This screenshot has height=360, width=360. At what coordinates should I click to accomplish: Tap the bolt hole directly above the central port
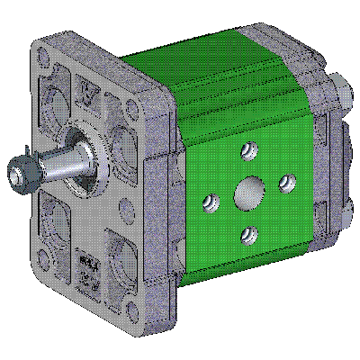pyautogui.click(x=249, y=148)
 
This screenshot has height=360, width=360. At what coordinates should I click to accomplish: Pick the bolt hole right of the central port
pyautogui.click(x=286, y=183)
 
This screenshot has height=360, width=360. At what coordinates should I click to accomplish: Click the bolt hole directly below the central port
pyautogui.click(x=249, y=237)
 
